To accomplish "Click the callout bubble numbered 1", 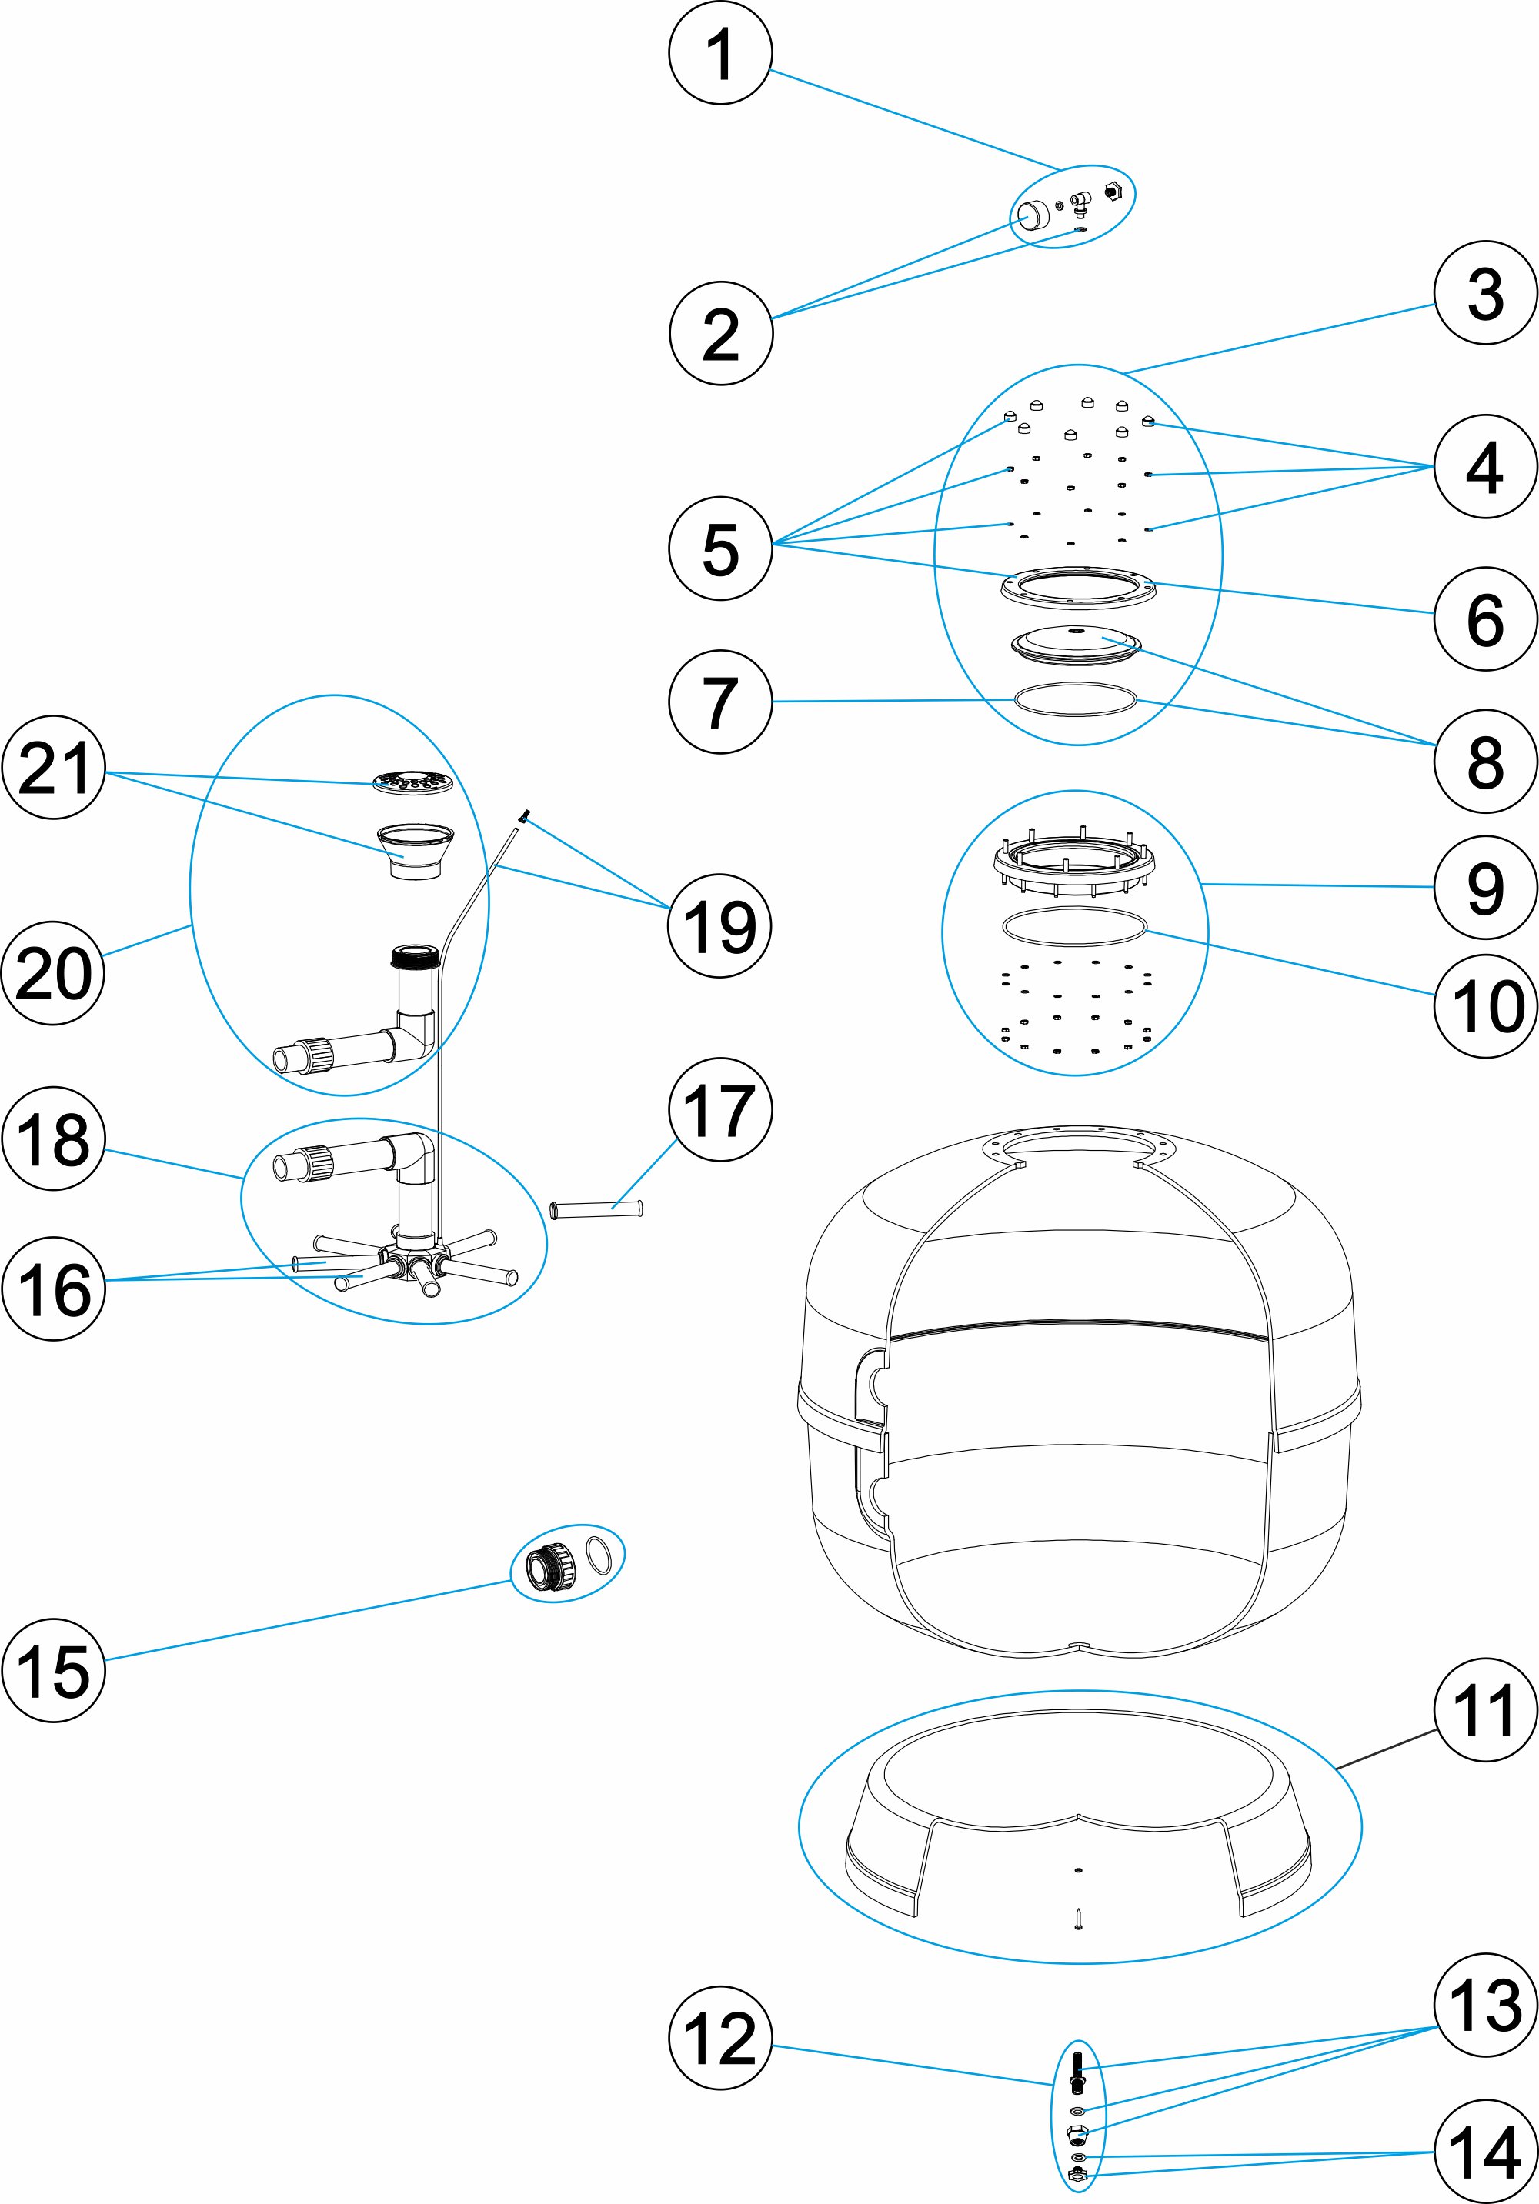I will pos(720,53).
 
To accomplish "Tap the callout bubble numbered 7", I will pos(720,702).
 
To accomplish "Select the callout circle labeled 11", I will pos(1484,1711).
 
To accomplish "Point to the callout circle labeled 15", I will pos(54,1670).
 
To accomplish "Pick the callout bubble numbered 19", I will pos(719,925).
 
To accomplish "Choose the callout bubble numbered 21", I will pos(54,767).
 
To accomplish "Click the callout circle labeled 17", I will pos(720,1109).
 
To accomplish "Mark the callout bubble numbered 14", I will pos(1484,2152).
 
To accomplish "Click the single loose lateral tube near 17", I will pos(596,1209).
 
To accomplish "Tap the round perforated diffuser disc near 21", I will pos(412,782).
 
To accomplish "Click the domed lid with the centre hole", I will pos(1077,642).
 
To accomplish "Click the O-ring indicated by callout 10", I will pos(1073,926).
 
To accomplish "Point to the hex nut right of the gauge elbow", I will pos(1112,191).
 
